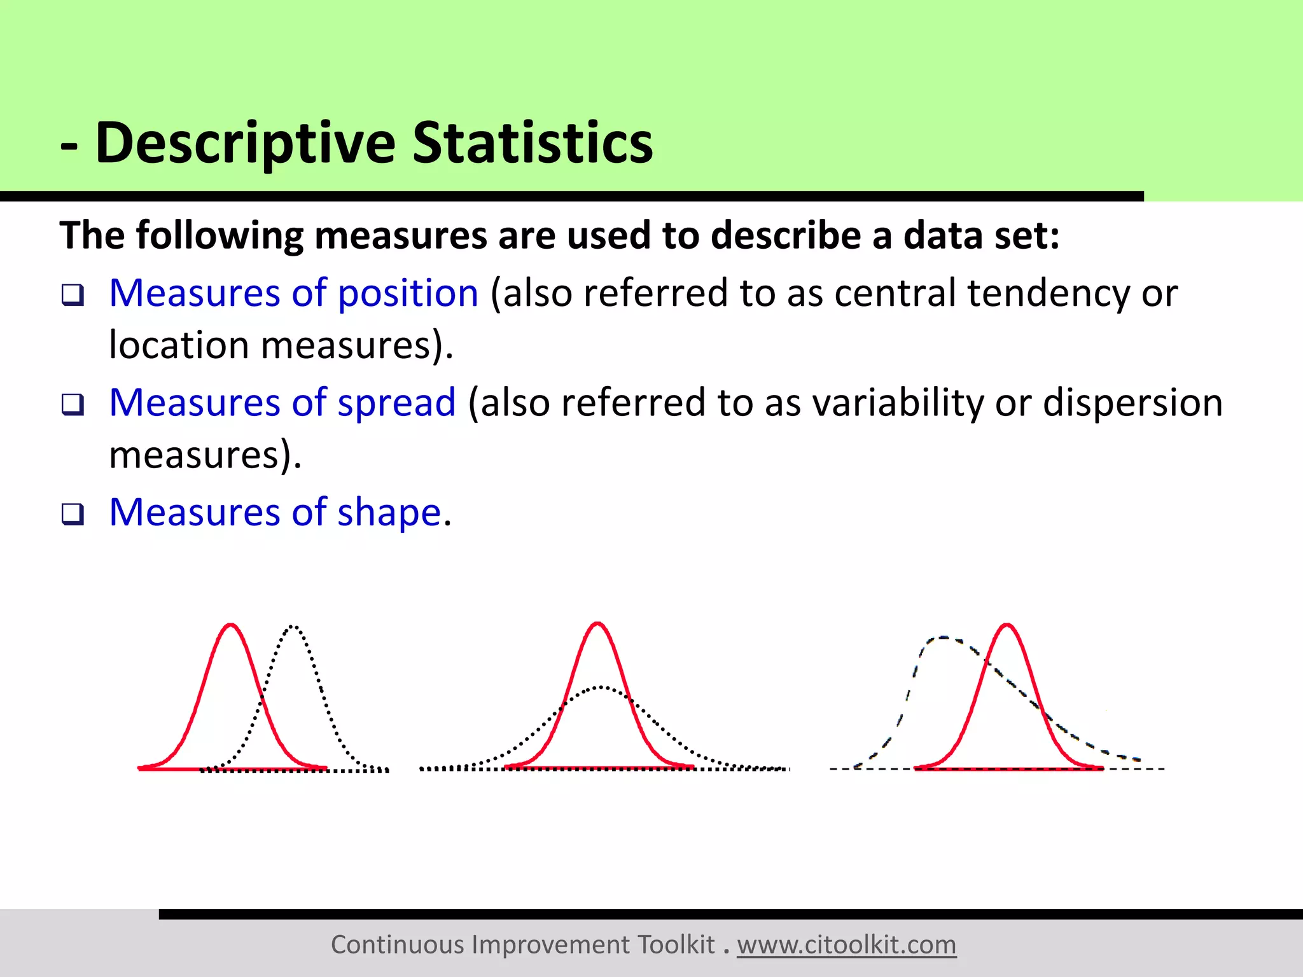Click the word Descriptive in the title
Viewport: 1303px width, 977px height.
click(x=245, y=143)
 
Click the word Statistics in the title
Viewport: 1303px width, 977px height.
click(x=533, y=143)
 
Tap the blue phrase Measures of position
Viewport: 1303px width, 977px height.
click(x=293, y=293)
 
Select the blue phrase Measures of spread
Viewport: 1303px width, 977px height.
click(x=282, y=403)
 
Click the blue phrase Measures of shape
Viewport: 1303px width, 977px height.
click(x=275, y=512)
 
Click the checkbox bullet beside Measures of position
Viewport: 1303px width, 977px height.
click(x=73, y=295)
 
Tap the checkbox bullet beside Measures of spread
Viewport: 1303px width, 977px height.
click(x=73, y=405)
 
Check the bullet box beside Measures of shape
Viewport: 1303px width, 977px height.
click(x=73, y=514)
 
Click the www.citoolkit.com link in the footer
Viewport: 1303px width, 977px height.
click(x=846, y=945)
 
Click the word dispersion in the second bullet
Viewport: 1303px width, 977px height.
click(x=1132, y=403)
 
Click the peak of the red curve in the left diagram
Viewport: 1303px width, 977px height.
click(x=231, y=625)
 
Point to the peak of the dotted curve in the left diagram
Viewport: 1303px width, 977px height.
click(x=293, y=627)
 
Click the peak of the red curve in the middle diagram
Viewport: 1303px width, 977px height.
click(x=597, y=624)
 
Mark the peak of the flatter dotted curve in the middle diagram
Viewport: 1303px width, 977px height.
click(x=601, y=688)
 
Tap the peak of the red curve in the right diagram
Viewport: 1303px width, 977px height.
click(x=1007, y=625)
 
